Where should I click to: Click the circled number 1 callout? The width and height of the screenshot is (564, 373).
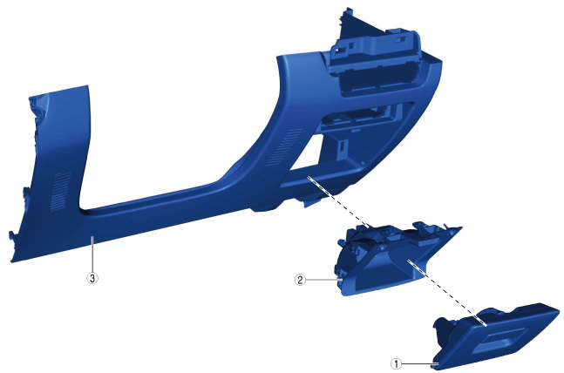397,363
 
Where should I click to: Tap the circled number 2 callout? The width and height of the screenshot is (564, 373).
300,280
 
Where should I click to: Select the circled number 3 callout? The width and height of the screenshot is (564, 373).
92,278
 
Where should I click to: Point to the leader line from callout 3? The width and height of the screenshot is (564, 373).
92,254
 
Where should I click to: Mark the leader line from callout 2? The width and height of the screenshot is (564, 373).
323,279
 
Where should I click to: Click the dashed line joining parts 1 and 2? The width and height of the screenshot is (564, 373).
446,292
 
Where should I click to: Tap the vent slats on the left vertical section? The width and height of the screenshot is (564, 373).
60,192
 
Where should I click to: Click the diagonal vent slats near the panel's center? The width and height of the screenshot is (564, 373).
285,146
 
